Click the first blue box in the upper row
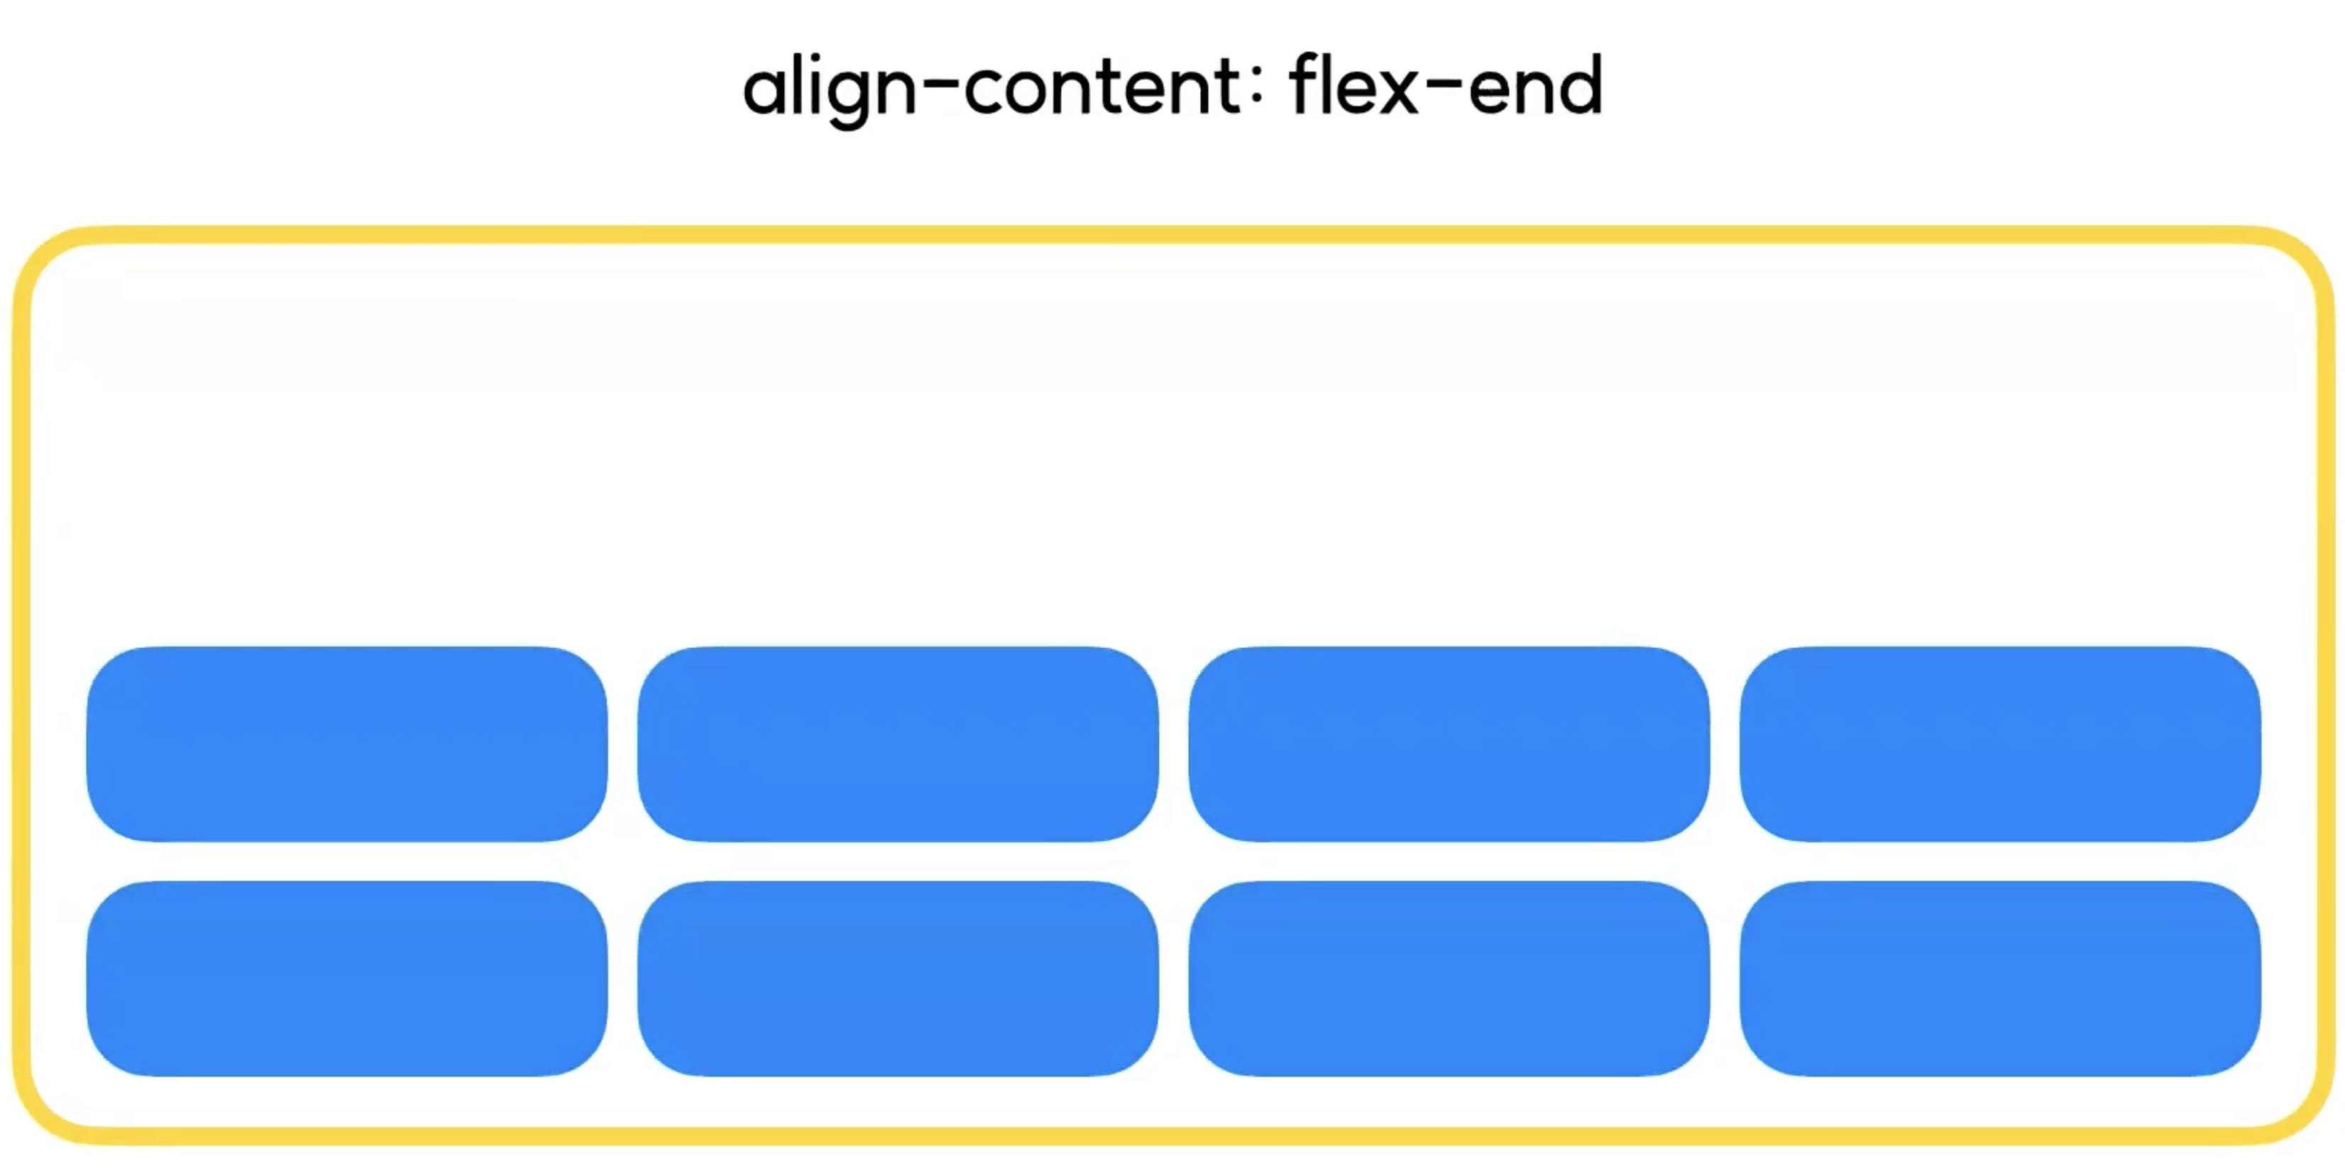pyautogui.click(x=347, y=744)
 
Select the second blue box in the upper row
pyautogui.click(x=898, y=744)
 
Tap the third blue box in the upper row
pyautogui.click(x=1449, y=744)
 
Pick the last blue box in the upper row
pyautogui.click(x=1999, y=744)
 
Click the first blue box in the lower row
pyautogui.click(x=347, y=979)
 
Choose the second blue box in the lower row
pyautogui.click(x=898, y=979)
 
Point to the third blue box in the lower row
pyautogui.click(x=1449, y=979)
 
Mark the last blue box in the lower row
pyautogui.click(x=1999, y=979)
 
